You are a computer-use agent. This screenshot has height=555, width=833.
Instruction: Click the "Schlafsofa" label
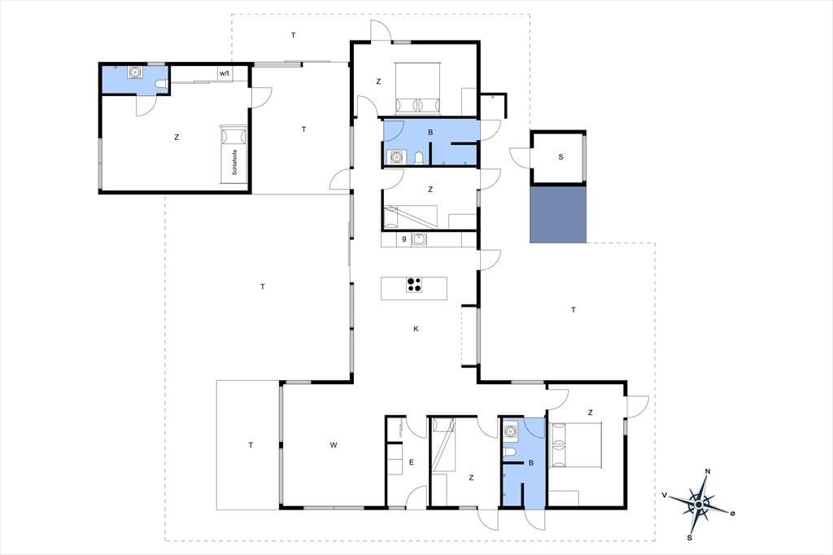pyautogui.click(x=234, y=162)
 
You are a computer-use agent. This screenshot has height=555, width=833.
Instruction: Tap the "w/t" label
pyautogui.click(x=225, y=73)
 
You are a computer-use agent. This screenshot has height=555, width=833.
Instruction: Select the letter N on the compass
pyautogui.click(x=708, y=471)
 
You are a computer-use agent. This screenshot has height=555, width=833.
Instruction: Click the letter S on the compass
pyautogui.click(x=690, y=537)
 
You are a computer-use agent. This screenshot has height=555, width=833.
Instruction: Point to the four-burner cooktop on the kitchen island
pyautogui.click(x=414, y=285)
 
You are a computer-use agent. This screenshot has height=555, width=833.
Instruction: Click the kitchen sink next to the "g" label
pyautogui.click(x=419, y=239)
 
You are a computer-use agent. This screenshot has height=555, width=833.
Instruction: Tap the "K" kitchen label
pyautogui.click(x=416, y=329)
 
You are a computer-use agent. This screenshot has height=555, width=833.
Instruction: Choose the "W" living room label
pyautogui.click(x=333, y=445)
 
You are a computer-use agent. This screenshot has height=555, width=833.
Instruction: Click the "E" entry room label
pyautogui.click(x=411, y=462)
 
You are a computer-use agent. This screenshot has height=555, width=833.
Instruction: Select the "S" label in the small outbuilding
pyautogui.click(x=560, y=157)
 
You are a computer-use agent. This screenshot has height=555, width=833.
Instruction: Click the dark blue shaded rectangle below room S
pyautogui.click(x=558, y=214)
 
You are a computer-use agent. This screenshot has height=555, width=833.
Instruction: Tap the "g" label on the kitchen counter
pyautogui.click(x=404, y=238)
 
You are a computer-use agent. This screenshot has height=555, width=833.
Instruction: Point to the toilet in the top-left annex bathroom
pyautogui.click(x=162, y=84)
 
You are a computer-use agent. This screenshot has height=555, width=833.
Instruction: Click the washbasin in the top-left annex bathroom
pyautogui.click(x=136, y=72)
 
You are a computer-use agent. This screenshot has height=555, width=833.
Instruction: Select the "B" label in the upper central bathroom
pyautogui.click(x=430, y=133)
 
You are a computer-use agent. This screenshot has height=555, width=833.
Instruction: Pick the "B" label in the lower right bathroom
pyautogui.click(x=530, y=463)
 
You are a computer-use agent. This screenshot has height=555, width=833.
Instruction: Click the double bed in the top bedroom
pyautogui.click(x=417, y=88)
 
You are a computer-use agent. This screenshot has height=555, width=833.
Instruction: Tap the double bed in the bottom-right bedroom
pyautogui.click(x=577, y=445)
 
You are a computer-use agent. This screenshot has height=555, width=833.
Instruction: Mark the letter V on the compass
pyautogui.click(x=664, y=495)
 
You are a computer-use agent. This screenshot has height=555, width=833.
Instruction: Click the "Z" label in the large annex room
pyautogui.click(x=177, y=138)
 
